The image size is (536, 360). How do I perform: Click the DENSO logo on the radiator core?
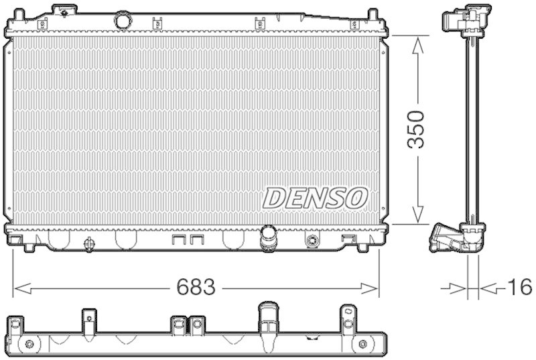coord(316,197)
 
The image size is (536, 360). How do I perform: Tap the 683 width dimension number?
coord(196,288)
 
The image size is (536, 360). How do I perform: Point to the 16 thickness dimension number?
coord(519,288)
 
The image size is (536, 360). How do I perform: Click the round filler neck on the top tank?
coord(123,20)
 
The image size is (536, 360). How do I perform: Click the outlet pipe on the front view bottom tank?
coord(269,237)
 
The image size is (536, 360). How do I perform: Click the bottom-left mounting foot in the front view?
coord(29,247)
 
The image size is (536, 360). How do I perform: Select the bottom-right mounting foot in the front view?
coord(362,247)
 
